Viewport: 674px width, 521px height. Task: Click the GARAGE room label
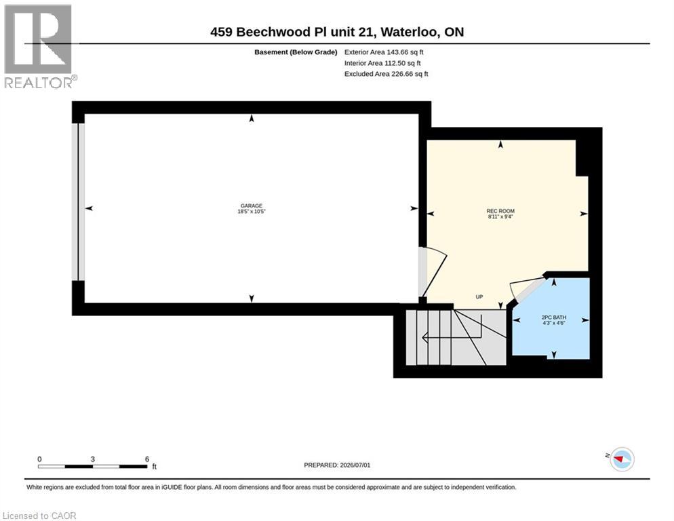[252, 206]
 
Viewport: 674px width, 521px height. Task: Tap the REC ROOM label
[500, 211]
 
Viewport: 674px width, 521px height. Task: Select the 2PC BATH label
[553, 317]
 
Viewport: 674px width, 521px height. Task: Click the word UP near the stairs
[479, 297]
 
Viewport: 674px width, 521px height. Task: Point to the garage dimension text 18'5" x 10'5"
[252, 212]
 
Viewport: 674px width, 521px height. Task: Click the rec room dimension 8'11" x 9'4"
[500, 217]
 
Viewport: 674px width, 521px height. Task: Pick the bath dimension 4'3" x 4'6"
[553, 323]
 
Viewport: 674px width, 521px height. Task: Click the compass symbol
[622, 459]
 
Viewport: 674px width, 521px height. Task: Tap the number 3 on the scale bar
[93, 459]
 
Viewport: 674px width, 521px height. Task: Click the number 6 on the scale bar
[147, 459]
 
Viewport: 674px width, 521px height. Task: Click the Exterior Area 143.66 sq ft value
[384, 52]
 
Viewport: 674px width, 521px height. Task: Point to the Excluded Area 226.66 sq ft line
[386, 74]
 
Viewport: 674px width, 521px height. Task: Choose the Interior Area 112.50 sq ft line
[382, 63]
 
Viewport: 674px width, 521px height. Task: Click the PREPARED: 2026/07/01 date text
[337, 465]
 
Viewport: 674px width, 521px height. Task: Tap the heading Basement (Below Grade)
[296, 52]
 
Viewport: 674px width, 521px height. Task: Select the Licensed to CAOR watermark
[39, 516]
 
